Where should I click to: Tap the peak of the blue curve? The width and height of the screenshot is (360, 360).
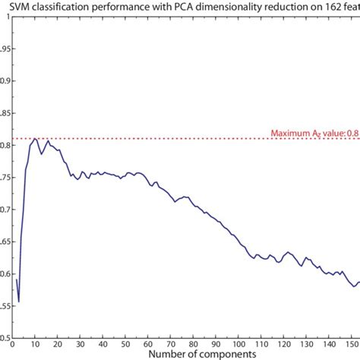(35, 138)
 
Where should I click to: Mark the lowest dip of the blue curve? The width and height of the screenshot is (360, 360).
(18, 302)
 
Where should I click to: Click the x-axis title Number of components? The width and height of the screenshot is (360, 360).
(185, 352)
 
